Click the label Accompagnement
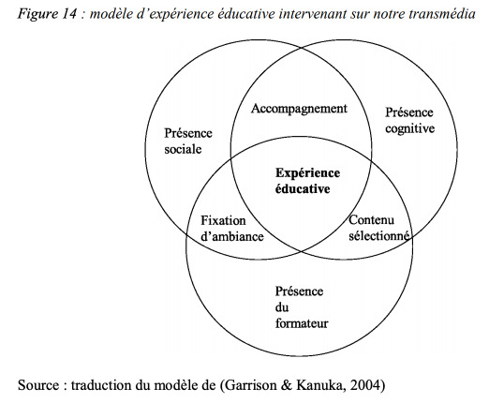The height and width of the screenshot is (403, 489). [x=299, y=110]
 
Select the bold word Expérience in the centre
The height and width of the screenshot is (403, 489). [x=307, y=173]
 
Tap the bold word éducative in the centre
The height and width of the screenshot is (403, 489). [x=303, y=189]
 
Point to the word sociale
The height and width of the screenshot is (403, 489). [x=183, y=149]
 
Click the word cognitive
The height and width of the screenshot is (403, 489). [x=409, y=128]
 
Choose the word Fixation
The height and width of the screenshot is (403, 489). [x=223, y=220]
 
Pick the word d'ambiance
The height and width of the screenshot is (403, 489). [x=232, y=236]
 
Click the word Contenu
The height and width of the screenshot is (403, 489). [x=371, y=220]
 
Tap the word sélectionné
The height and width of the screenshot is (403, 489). [x=378, y=235]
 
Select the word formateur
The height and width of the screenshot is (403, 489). [x=302, y=323]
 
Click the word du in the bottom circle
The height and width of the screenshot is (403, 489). [x=282, y=307]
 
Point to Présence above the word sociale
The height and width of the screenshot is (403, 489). [x=188, y=133]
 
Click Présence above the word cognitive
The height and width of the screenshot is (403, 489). [x=409, y=112]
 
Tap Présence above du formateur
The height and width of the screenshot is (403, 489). [x=299, y=291]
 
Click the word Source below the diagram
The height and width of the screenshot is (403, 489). [x=38, y=385]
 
